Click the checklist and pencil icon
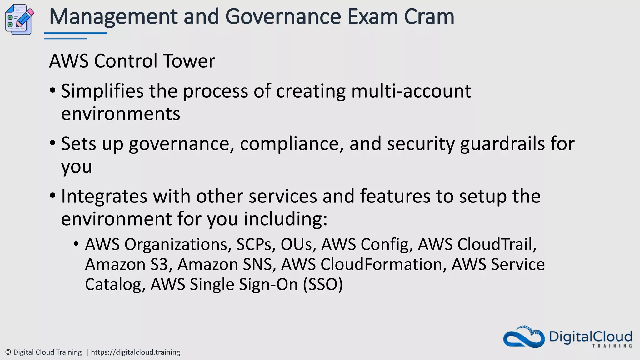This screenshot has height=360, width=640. [x=19, y=20]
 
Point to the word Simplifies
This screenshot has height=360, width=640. [x=102, y=91]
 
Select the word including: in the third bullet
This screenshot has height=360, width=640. [x=286, y=219]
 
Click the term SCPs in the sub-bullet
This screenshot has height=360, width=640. [x=256, y=244]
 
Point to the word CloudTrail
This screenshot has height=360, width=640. [x=497, y=244]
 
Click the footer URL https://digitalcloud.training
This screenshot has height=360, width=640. [x=135, y=352]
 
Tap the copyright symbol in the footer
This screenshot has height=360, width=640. [x=8, y=352]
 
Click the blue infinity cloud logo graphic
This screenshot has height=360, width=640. [x=524, y=337]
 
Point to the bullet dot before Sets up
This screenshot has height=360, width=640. [x=52, y=143]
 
